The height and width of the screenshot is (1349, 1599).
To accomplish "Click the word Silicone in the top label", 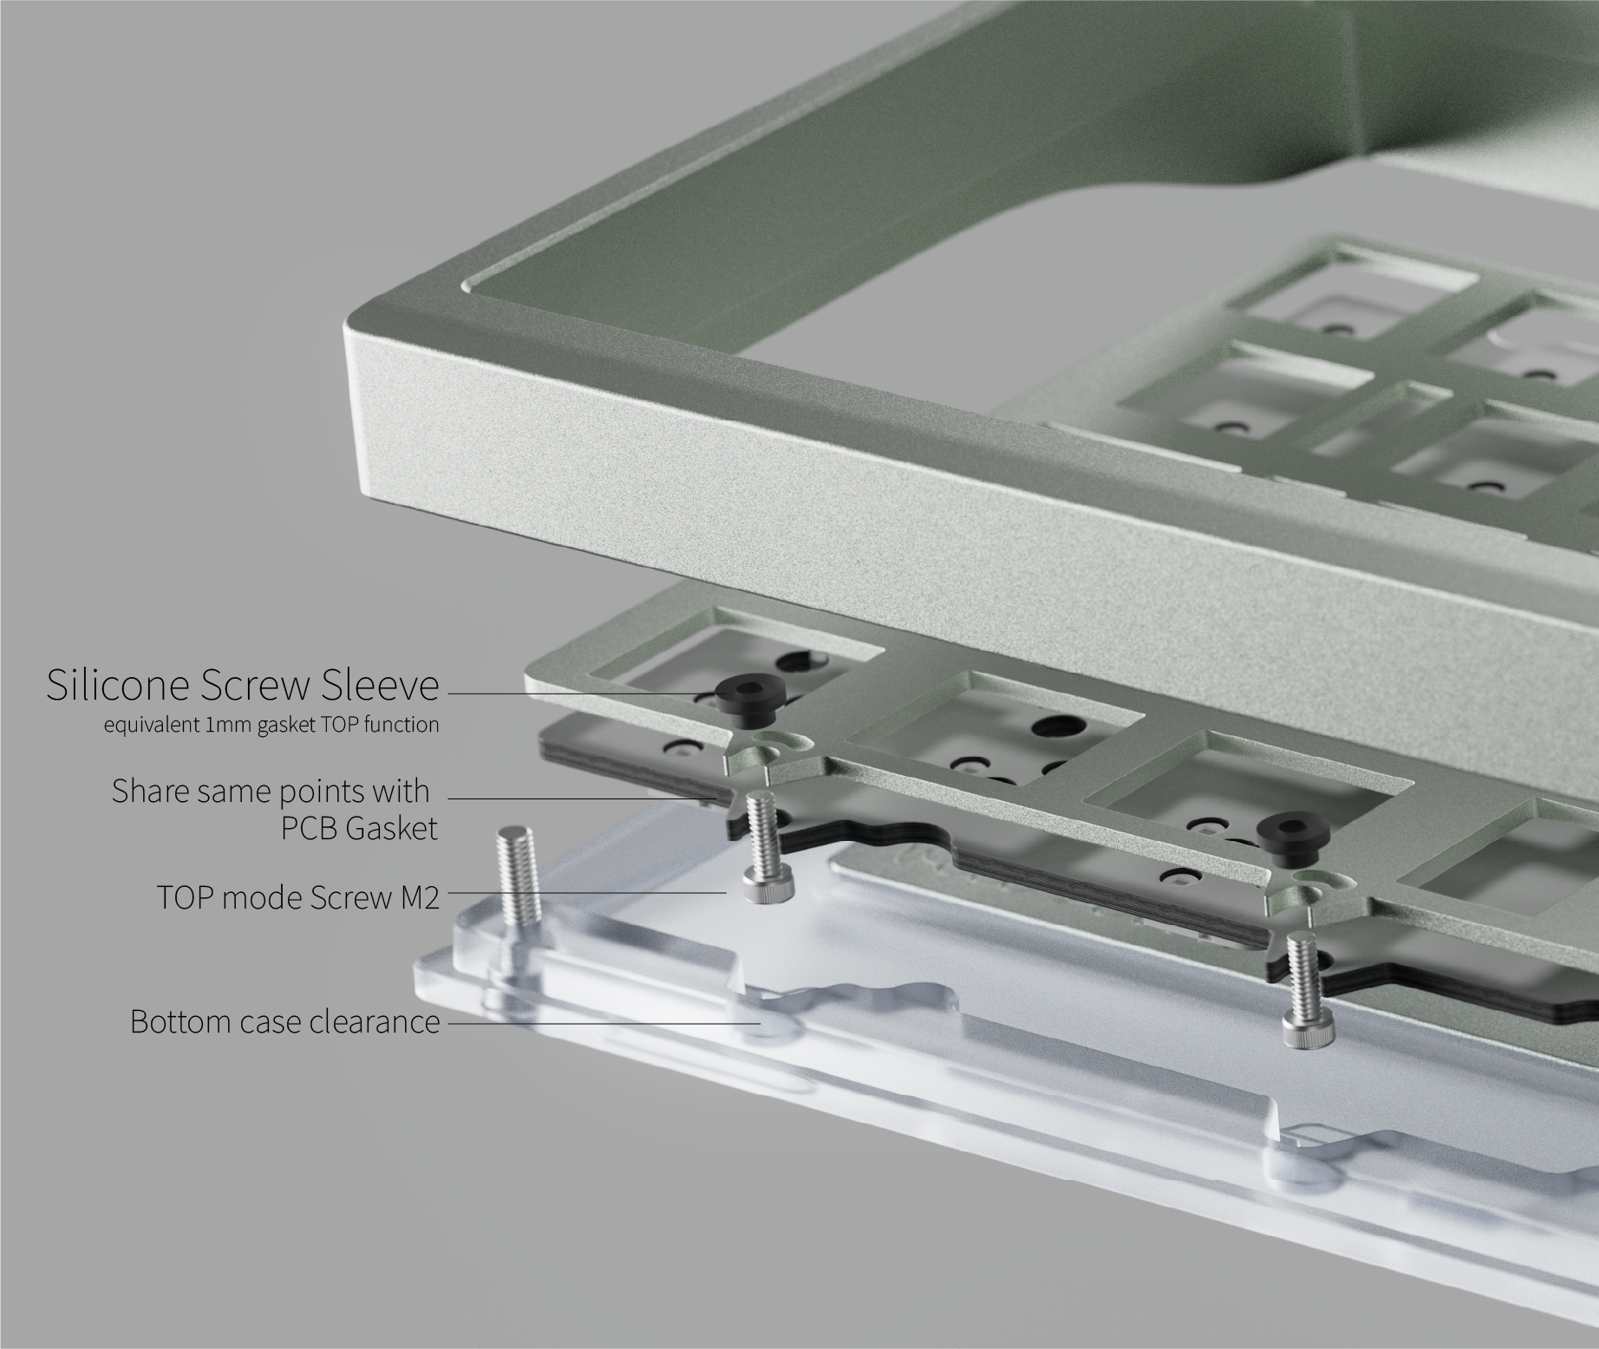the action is point(118,685).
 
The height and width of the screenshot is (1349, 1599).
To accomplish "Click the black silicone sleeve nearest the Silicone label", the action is point(747,700).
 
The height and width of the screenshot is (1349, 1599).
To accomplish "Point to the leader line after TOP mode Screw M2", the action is point(588,891).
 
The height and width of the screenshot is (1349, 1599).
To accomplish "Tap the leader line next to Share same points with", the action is point(582,798).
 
